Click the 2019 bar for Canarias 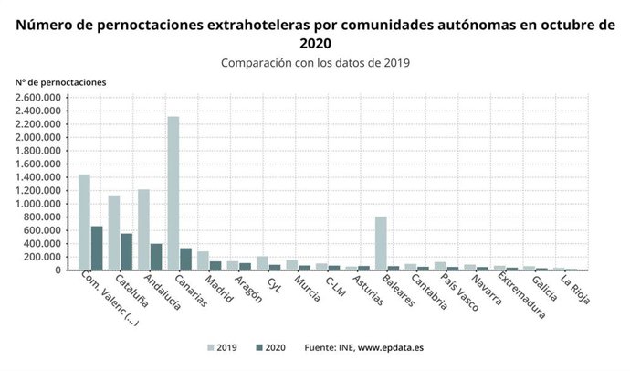pyautogui.click(x=173, y=193)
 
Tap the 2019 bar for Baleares pyautogui.click(x=381, y=243)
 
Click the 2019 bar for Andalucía pyautogui.click(x=143, y=229)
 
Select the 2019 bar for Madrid pyautogui.click(x=203, y=260)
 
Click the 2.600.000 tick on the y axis pyautogui.click(x=37, y=97)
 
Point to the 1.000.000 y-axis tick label pyautogui.click(x=37, y=204)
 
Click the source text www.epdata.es pyautogui.click(x=396, y=348)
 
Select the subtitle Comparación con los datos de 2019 pyautogui.click(x=315, y=63)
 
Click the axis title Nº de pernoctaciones pyautogui.click(x=60, y=81)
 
